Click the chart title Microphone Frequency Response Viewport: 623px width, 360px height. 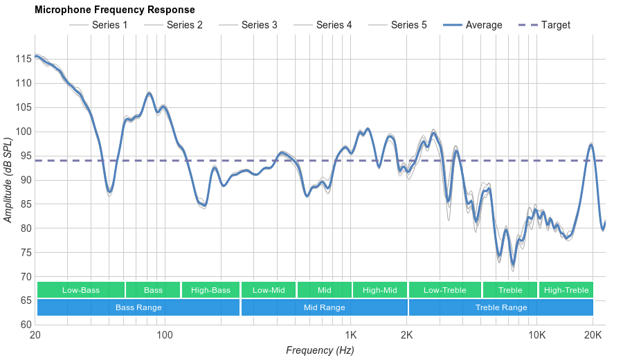coord(114,10)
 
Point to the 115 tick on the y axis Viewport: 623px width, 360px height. coord(23,59)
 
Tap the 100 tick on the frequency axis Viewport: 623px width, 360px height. coord(164,335)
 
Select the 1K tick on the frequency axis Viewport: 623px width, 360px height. coord(350,335)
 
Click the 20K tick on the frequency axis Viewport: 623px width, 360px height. coord(593,335)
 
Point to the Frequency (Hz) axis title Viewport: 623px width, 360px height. coord(320,350)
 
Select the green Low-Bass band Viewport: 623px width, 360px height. coord(81,290)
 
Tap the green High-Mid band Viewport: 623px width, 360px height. coord(379,290)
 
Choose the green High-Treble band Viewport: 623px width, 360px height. coord(566,290)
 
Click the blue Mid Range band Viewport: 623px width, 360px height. coord(324,307)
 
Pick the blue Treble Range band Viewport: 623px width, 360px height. coord(500,307)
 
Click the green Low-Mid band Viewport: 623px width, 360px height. coord(269,290)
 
